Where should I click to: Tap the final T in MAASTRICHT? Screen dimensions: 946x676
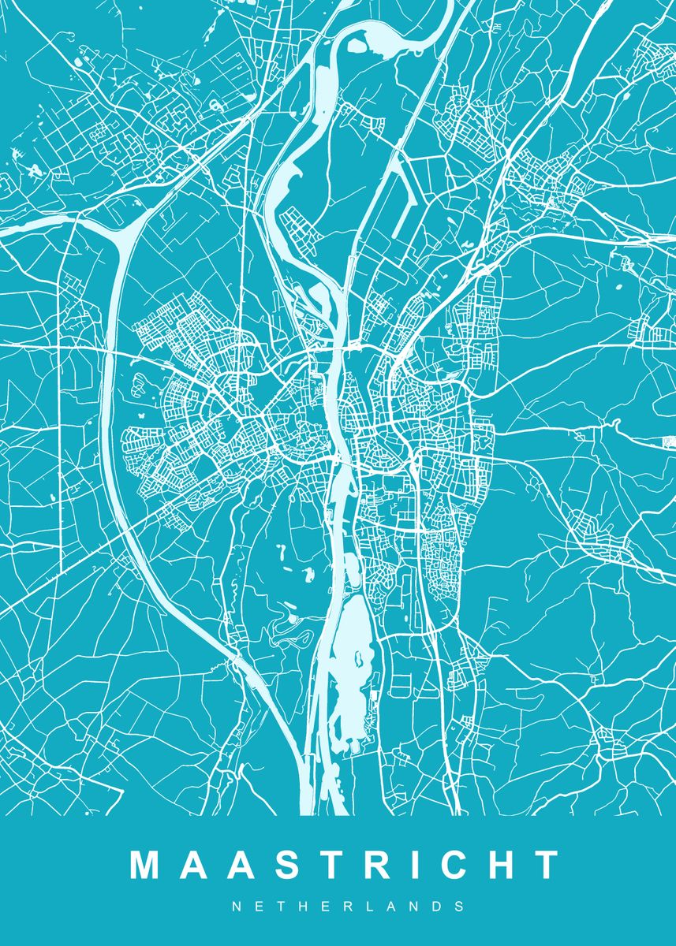pos(547,865)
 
